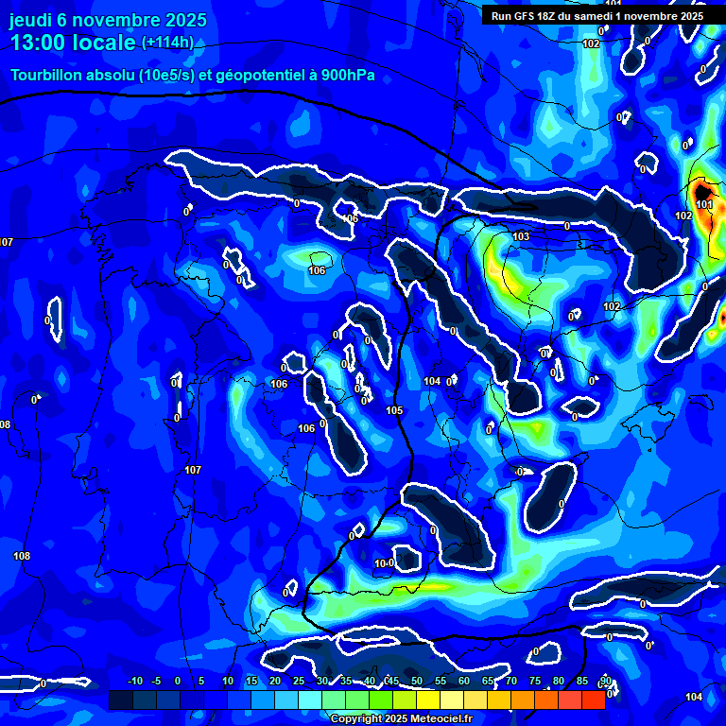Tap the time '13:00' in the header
[40, 43]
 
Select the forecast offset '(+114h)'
[167, 43]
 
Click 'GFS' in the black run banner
[527, 16]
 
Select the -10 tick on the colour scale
[134, 682]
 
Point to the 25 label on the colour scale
[299, 682]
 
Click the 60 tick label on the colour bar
[464, 682]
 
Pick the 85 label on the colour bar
[582, 682]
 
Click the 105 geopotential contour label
[394, 410]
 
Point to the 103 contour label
[521, 236]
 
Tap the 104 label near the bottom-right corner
[694, 697]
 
